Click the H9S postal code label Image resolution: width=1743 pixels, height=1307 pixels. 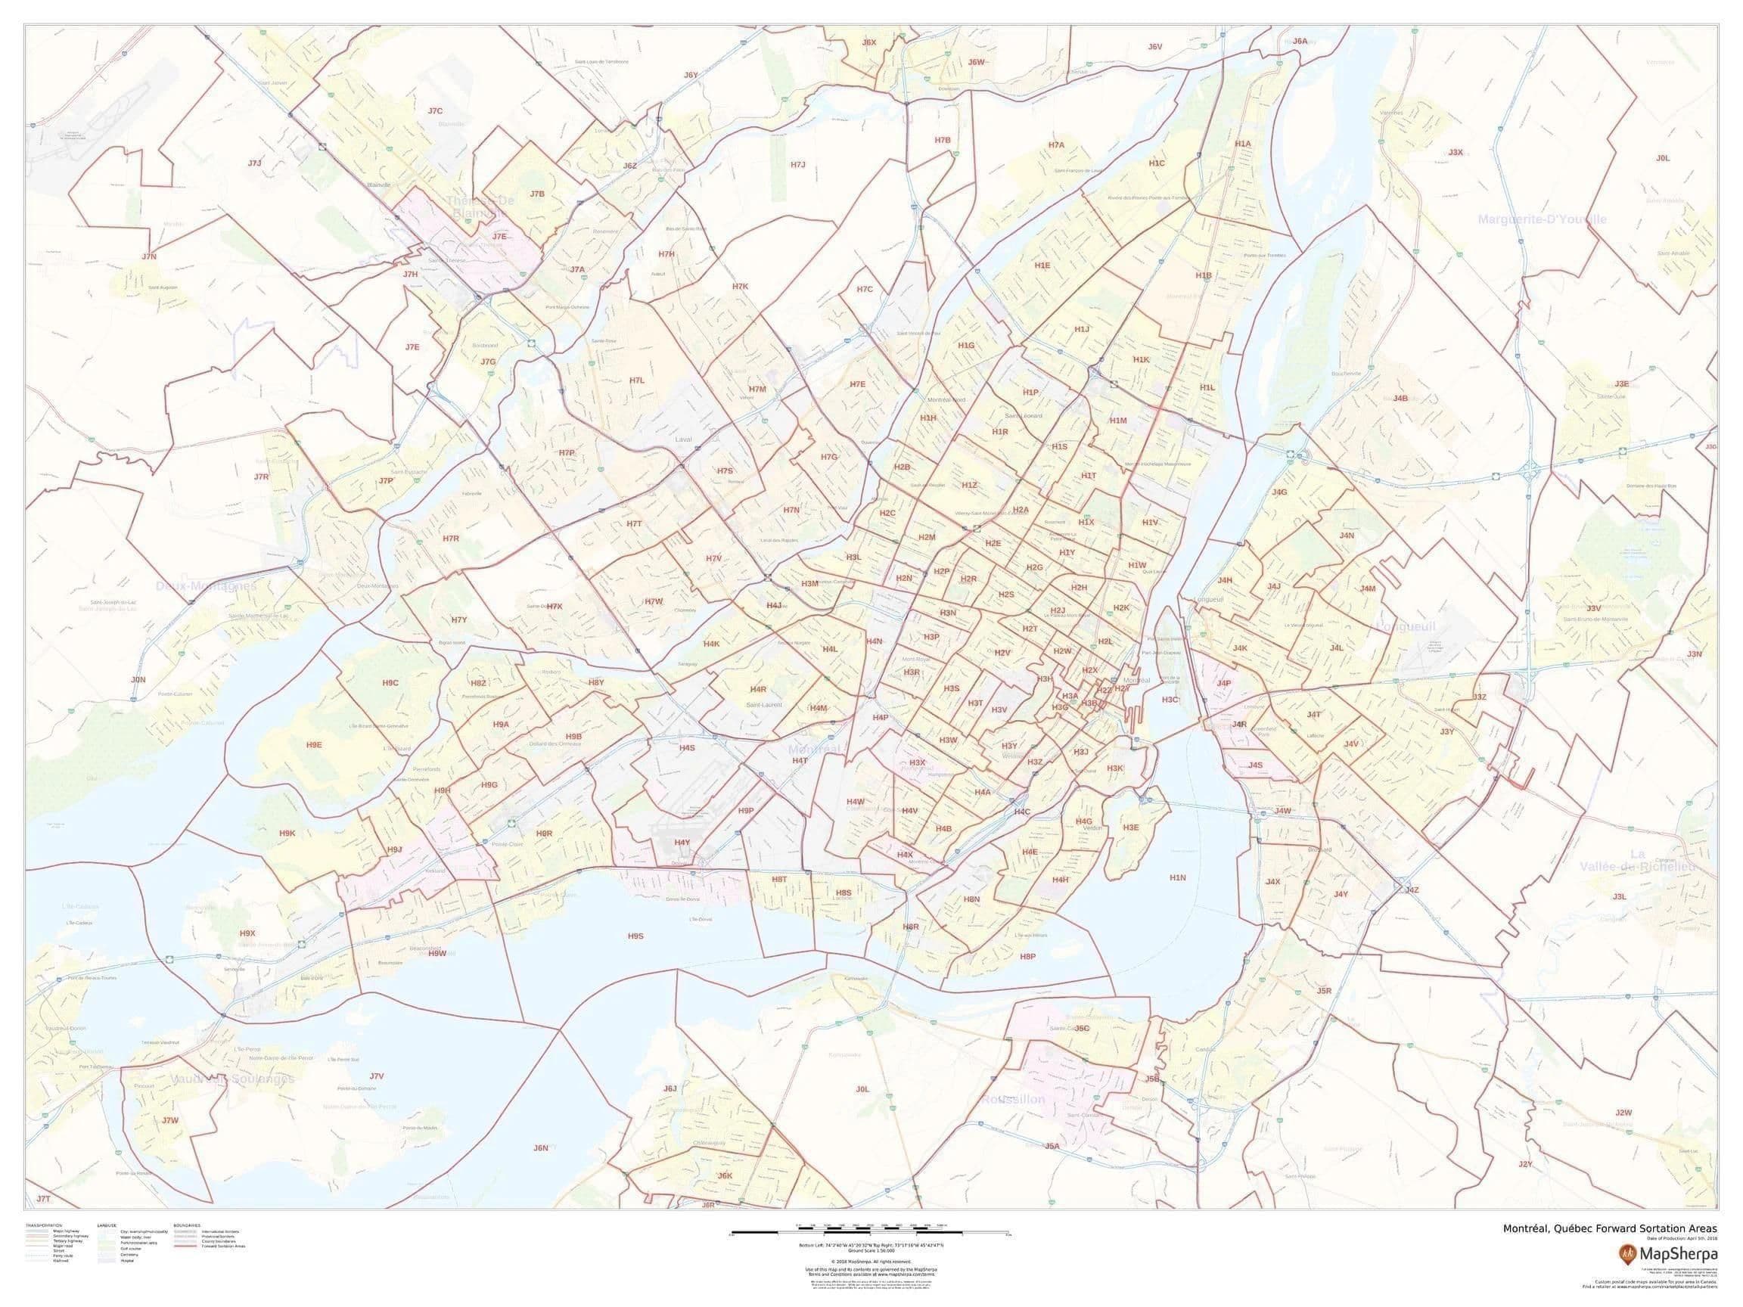pos(636,936)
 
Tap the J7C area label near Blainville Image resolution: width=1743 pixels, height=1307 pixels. pos(435,111)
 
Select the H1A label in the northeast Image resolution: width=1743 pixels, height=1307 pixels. pos(1243,144)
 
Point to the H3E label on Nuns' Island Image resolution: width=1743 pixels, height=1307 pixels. pos(1131,827)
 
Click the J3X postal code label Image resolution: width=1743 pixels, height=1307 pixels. pos(1456,152)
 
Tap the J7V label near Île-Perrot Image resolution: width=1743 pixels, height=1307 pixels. pos(377,1076)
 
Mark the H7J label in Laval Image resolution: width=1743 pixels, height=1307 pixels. pos(798,165)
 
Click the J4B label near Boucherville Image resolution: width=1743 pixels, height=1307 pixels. pos(1400,399)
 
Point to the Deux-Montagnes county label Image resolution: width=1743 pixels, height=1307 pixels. pos(206,586)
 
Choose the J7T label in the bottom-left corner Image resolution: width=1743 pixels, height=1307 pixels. pos(43,1198)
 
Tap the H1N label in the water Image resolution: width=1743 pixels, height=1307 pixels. pos(1177,877)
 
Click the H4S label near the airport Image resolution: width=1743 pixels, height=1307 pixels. pos(686,747)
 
